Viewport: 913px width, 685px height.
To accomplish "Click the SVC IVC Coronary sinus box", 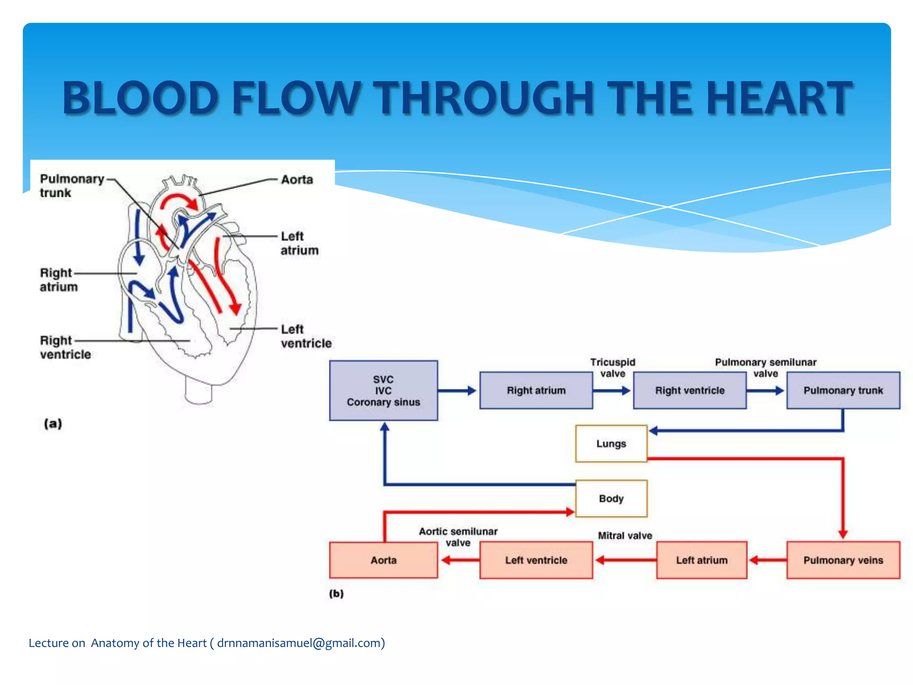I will (383, 391).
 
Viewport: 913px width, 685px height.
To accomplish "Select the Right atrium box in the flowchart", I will (536, 391).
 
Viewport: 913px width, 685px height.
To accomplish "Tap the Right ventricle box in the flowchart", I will (690, 391).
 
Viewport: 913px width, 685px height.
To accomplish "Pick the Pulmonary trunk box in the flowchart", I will (843, 391).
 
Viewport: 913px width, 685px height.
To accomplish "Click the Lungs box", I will (611, 444).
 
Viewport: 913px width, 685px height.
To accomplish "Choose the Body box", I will (611, 499).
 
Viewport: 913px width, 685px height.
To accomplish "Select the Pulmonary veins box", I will (843, 560).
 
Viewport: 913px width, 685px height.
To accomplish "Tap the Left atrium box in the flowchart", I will (701, 560).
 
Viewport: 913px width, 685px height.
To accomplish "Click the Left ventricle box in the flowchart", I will (536, 560).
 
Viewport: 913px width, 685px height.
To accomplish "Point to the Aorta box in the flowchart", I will (383, 560).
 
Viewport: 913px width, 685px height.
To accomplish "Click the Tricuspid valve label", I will (613, 368).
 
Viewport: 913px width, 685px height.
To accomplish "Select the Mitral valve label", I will (625, 536).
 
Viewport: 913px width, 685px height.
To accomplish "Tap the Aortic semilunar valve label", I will (458, 537).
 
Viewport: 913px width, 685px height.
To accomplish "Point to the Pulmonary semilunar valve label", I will (765, 368).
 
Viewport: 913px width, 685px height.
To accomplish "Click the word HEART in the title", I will (778, 98).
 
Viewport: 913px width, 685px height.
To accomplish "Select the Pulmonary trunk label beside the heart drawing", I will (71, 186).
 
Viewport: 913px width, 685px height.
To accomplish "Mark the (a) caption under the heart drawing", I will (53, 423).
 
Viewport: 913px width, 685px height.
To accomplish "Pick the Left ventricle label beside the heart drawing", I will (306, 336).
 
